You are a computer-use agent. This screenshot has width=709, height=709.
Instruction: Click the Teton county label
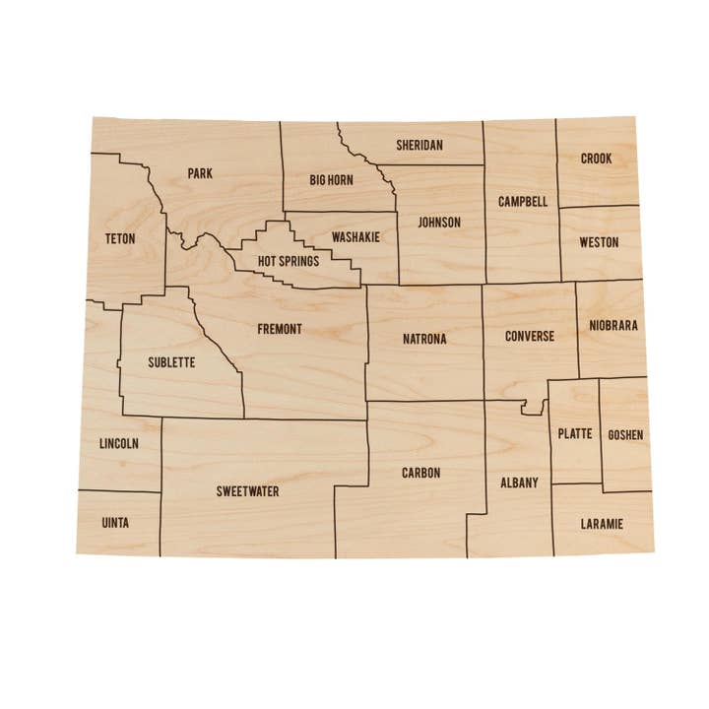[119, 238]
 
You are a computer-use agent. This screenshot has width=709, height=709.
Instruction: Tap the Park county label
[200, 173]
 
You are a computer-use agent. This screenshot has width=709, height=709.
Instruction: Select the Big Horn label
[331, 180]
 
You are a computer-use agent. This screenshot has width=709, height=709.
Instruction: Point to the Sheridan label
[419, 145]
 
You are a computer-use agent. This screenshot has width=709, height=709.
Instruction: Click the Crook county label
[596, 159]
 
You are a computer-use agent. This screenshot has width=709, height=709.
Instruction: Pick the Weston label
[599, 241]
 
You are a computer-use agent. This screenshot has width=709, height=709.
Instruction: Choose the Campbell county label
[523, 202]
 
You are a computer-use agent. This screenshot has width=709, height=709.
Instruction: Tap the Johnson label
[439, 222]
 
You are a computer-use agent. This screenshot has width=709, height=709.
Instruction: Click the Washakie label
[355, 237]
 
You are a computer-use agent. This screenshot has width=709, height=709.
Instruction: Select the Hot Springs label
[289, 261]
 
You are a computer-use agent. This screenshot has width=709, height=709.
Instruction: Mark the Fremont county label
[280, 329]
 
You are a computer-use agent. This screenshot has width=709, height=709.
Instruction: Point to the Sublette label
[171, 362]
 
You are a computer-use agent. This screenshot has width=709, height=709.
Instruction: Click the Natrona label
[424, 339]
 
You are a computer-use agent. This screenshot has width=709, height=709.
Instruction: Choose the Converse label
[530, 336]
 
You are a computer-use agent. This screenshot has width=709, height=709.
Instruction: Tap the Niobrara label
[613, 325]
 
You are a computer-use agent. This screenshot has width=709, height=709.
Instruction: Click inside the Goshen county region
[625, 435]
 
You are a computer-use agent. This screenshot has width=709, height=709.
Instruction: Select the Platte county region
[575, 433]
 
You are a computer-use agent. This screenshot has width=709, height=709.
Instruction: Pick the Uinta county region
[115, 523]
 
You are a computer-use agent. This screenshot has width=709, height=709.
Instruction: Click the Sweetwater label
[247, 490]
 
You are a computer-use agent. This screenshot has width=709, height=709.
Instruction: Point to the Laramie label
[602, 523]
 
